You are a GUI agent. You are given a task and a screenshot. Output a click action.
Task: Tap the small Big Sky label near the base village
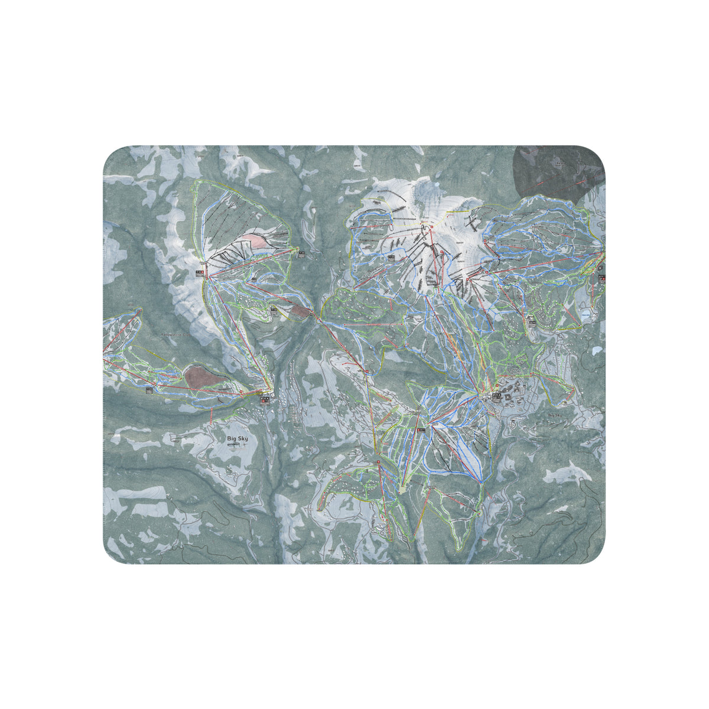click(554, 415)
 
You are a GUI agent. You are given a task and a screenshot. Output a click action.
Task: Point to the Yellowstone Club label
click(177, 334)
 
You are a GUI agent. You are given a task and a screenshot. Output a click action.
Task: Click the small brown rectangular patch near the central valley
click(301, 311)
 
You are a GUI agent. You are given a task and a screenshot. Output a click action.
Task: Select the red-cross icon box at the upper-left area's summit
click(200, 272)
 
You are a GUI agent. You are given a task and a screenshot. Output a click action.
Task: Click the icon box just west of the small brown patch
click(274, 309)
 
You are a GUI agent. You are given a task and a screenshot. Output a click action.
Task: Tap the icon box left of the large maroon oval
click(149, 389)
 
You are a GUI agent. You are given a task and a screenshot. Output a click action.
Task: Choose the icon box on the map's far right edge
click(601, 276)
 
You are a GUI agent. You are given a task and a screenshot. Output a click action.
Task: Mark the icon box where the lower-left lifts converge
click(264, 399)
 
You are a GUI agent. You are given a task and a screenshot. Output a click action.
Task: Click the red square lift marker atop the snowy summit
click(431, 226)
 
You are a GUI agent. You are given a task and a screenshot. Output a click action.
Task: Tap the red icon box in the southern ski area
click(421, 431)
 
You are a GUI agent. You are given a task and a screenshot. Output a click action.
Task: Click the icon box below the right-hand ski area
click(531, 322)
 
